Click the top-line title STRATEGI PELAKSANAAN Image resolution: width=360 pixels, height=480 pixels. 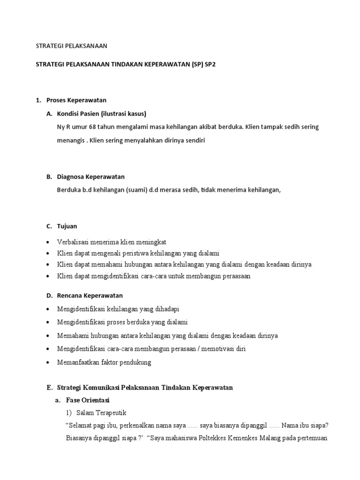coord(72,46)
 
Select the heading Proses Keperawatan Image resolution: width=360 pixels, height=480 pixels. coord(76,100)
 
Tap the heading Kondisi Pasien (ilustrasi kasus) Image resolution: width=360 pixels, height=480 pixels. coord(102,113)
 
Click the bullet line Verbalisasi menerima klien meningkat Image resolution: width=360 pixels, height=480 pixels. coord(112,242)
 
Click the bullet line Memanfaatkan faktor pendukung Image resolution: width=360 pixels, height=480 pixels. coord(104,362)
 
